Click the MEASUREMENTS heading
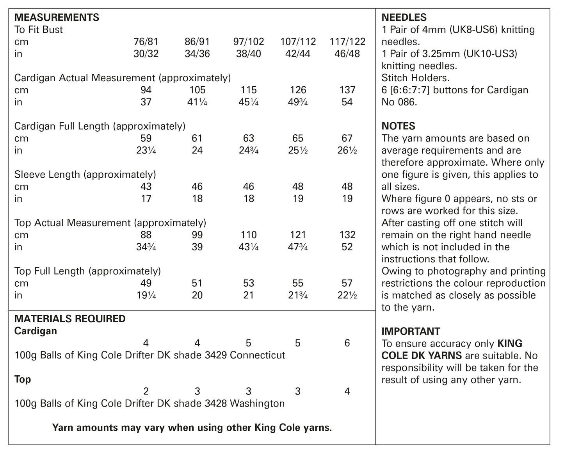click(x=57, y=18)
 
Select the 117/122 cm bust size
click(x=347, y=42)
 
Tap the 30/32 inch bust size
click(x=146, y=54)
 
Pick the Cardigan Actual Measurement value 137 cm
click(x=347, y=90)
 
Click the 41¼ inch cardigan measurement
click(x=197, y=102)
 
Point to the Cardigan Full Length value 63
click(x=249, y=139)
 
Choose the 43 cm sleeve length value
click(x=146, y=187)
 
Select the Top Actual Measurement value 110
click(x=249, y=235)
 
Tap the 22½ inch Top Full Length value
click(x=347, y=296)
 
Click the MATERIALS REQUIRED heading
click(x=70, y=319)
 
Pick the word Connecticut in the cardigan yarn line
click(x=258, y=355)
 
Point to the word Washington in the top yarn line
click(x=257, y=403)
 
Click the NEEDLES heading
click(x=404, y=18)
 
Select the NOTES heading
click(x=398, y=126)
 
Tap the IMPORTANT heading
click(x=411, y=331)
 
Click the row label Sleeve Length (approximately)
click(x=85, y=175)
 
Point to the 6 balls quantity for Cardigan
click(x=347, y=343)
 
